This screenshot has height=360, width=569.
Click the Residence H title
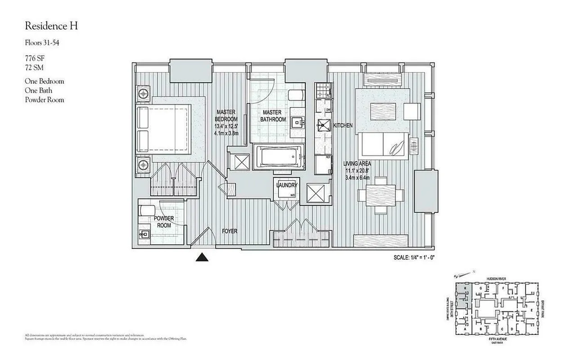click(x=51, y=26)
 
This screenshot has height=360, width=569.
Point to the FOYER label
click(x=229, y=231)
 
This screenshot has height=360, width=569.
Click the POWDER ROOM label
click(x=164, y=221)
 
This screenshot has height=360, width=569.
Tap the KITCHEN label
click(x=343, y=126)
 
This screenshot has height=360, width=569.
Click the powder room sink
click(x=144, y=234)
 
